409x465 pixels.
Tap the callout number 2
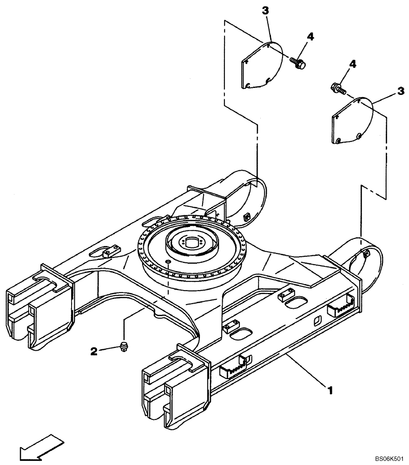94,352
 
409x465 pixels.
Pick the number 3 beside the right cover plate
400,93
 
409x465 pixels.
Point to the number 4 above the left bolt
310,37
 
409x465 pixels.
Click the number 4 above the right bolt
353,64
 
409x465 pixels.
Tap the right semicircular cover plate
352,120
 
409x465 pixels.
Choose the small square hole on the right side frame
317,320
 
